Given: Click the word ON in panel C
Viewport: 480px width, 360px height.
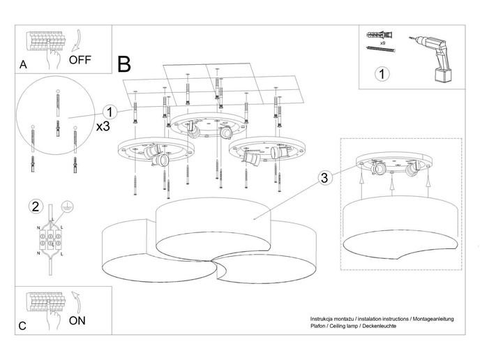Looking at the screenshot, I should [x=77, y=321].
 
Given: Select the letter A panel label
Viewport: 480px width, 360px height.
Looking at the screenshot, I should [x=24, y=65].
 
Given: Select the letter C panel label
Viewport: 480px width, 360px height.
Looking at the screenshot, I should [x=24, y=326].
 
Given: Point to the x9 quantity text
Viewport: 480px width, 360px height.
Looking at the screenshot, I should [x=383, y=43].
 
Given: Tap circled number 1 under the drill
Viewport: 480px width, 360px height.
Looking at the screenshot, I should [x=381, y=73].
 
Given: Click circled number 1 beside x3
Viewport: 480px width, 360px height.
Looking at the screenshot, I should [x=109, y=111].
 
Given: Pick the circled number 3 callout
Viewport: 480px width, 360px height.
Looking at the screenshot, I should [x=324, y=178].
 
